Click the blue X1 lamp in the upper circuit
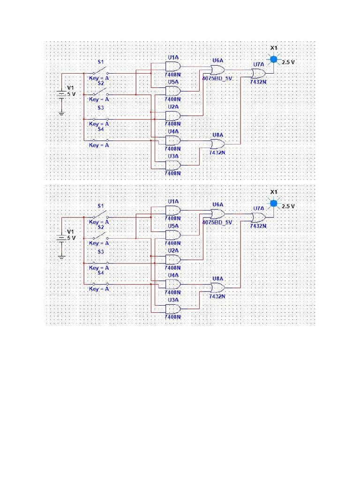click(x=274, y=60)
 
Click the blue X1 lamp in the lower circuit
click(x=274, y=203)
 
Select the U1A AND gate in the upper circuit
click(x=172, y=67)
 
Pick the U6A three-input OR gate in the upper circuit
click(x=217, y=70)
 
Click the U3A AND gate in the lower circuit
click(x=172, y=309)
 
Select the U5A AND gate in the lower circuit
click(x=172, y=234)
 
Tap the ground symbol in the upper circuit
click(x=61, y=112)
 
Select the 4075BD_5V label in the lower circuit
click(x=217, y=223)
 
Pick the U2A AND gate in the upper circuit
click(x=172, y=116)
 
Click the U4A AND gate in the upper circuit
click(x=172, y=141)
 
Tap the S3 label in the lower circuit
click(x=100, y=252)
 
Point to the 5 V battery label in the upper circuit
click(x=70, y=94)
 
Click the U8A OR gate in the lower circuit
click(x=217, y=288)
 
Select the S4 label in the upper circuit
click(x=100, y=129)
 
